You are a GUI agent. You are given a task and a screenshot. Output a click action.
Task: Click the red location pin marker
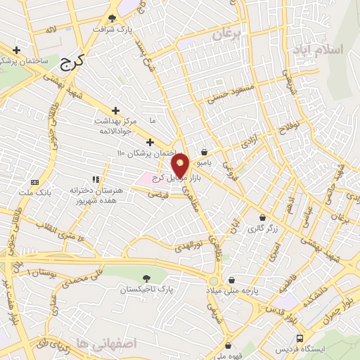[180, 165]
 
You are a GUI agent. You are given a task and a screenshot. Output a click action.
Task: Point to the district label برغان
[227, 33]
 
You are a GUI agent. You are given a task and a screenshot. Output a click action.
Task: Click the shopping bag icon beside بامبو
[204, 152]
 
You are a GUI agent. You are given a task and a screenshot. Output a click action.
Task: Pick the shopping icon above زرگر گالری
[262, 218]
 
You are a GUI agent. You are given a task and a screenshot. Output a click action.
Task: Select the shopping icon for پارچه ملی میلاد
[231, 280]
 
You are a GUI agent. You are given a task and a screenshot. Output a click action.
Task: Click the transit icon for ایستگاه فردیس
[300, 338]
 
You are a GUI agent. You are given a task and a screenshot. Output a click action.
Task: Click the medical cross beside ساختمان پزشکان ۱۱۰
[150, 142]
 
